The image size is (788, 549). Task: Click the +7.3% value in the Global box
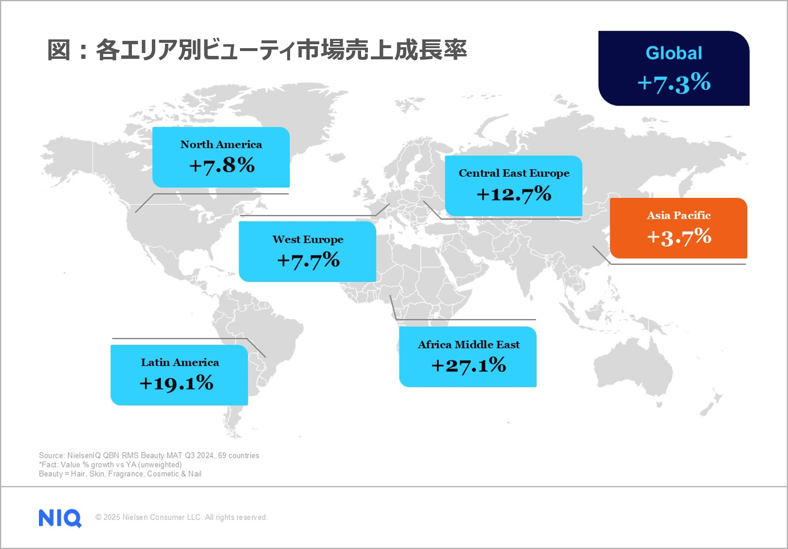coord(674,83)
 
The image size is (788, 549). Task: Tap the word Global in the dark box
coord(674,53)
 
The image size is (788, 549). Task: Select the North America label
coord(221,144)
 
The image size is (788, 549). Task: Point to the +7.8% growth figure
coord(222,165)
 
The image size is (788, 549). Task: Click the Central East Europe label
coord(513,173)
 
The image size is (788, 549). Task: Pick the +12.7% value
coord(513,194)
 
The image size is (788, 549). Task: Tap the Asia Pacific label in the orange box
coord(678,215)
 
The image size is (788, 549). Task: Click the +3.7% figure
coord(679,237)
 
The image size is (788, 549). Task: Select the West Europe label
coord(308,239)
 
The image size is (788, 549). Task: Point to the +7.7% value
coord(308,260)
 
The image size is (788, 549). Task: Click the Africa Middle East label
coord(468,345)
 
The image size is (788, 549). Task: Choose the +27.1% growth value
coord(468,365)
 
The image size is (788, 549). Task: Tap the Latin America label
coord(180,362)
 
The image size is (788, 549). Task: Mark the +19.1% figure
coord(176,383)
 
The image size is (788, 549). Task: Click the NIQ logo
coord(60,518)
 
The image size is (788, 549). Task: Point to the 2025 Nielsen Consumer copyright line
coord(182,517)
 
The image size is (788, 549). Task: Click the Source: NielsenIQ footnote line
coord(149,456)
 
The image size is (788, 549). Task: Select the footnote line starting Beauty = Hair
coord(120,474)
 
